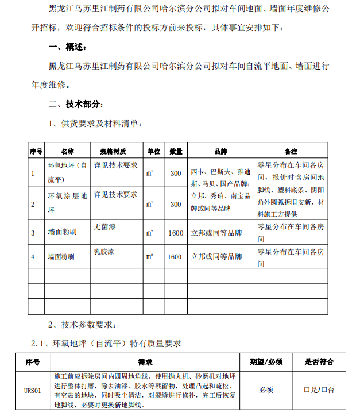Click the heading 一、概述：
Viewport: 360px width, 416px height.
68,47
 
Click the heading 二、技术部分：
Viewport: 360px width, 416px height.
76,104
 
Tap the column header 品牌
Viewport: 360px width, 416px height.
220,152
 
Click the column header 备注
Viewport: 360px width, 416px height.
291,152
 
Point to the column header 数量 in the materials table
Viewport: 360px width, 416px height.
176,152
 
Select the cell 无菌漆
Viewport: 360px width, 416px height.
105,227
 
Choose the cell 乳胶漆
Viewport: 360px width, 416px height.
105,251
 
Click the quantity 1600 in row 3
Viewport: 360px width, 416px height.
176,233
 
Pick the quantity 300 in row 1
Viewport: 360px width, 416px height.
176,173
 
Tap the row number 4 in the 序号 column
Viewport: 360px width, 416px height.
33,257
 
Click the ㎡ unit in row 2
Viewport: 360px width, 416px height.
150,204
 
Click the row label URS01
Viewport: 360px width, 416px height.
33,391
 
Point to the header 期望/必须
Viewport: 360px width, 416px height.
266,363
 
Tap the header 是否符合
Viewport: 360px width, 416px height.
319,363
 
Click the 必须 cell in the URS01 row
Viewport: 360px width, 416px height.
266,390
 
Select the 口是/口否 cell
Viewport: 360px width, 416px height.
319,390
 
